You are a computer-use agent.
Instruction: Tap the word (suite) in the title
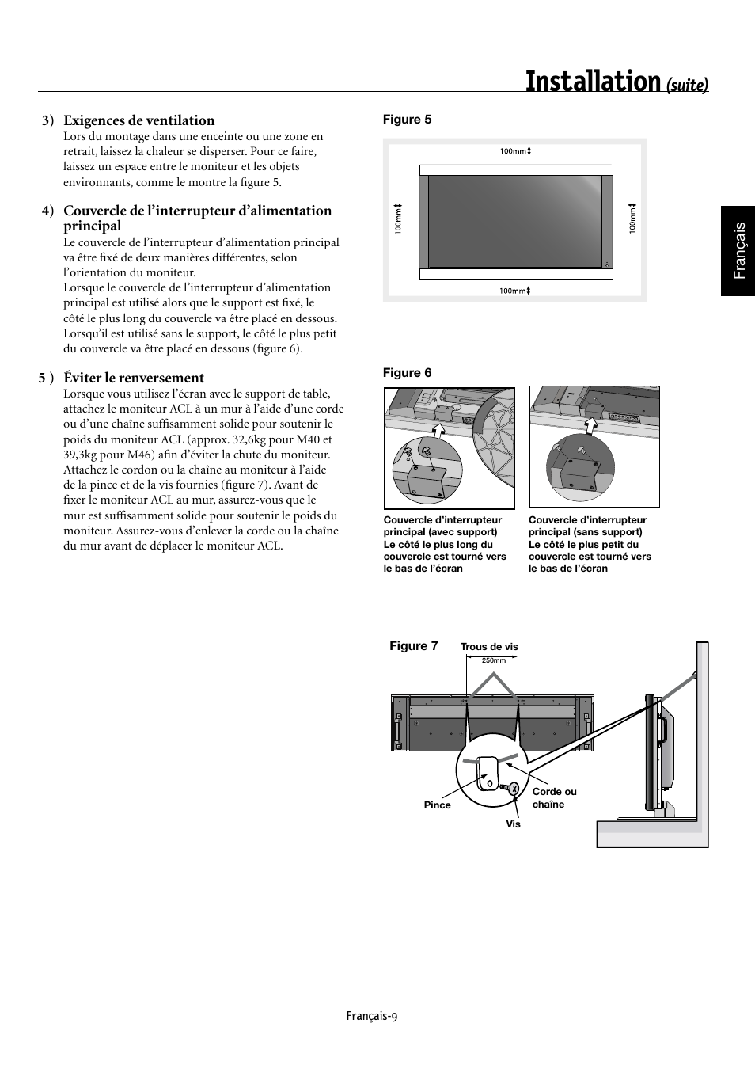tap(686, 84)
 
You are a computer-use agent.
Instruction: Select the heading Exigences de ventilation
tap(139, 120)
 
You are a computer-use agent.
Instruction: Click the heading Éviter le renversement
tap(134, 378)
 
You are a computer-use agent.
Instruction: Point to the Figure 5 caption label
tap(407, 120)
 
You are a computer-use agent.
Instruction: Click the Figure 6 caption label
tap(407, 373)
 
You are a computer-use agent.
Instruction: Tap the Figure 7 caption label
tap(413, 646)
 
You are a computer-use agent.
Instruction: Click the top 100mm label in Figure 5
tap(515, 151)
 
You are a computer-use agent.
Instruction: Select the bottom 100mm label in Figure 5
tap(514, 291)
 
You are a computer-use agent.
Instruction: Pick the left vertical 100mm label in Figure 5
tap(399, 218)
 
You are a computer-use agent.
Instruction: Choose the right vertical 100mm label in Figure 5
tap(632, 218)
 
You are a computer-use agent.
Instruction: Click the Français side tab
tap(738, 250)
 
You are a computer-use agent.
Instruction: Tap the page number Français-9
tap(371, 1016)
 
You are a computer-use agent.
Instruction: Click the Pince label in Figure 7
tap(437, 805)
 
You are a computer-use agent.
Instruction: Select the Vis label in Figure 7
tap(514, 824)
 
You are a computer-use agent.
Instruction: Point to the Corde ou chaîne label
tap(554, 798)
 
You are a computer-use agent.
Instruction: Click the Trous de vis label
tap(489, 647)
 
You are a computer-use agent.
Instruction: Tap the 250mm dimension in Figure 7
tap(493, 660)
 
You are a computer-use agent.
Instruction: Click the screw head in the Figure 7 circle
tap(514, 788)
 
